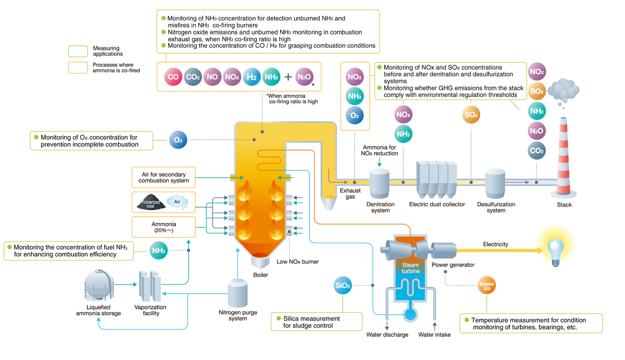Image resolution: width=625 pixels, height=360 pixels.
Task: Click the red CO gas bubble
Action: click(173, 78)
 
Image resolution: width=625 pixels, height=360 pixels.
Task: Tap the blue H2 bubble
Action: click(252, 78)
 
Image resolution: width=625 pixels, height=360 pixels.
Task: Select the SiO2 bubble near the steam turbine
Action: click(342, 285)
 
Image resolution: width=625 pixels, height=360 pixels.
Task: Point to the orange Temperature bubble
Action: click(487, 285)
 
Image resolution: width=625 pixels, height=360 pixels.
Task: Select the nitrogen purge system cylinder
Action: click(238, 293)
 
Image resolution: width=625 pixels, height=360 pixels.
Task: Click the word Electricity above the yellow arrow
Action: click(495, 244)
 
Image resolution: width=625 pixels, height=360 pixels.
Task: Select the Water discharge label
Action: click(387, 334)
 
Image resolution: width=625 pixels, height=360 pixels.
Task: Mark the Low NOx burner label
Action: click(297, 262)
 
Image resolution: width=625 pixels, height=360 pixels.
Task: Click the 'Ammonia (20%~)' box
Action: click(163, 227)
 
